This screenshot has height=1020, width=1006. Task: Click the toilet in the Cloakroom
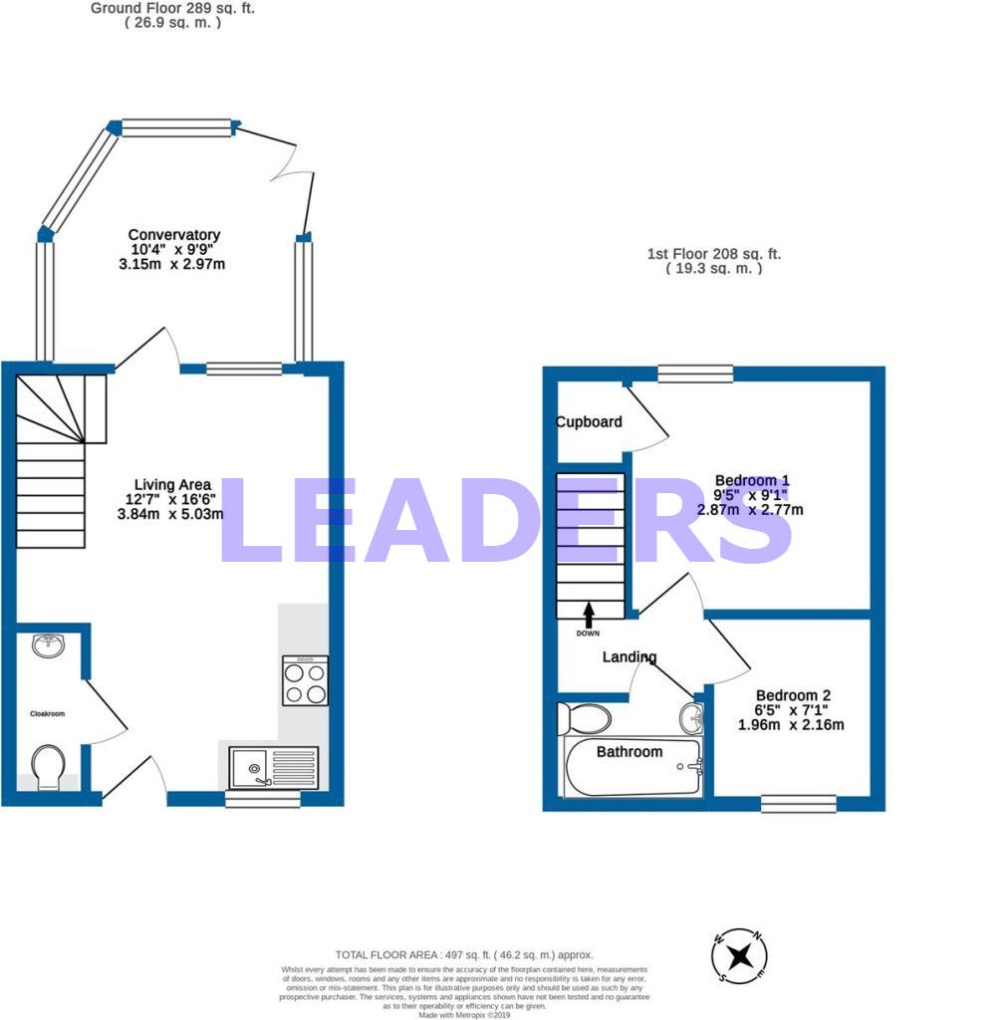coord(47,767)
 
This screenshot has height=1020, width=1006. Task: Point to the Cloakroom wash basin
coord(47,645)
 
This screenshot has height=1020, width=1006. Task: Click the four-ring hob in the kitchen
coord(305,680)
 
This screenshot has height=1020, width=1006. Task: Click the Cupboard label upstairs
coord(589,421)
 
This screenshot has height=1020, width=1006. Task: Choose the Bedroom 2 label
coord(793,695)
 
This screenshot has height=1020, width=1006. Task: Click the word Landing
coord(629,656)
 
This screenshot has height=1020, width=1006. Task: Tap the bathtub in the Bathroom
coord(633,767)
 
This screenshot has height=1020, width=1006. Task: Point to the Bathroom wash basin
coord(691,715)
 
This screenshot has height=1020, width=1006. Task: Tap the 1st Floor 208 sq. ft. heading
coord(713,255)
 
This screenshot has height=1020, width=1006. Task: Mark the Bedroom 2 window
coord(799,803)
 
